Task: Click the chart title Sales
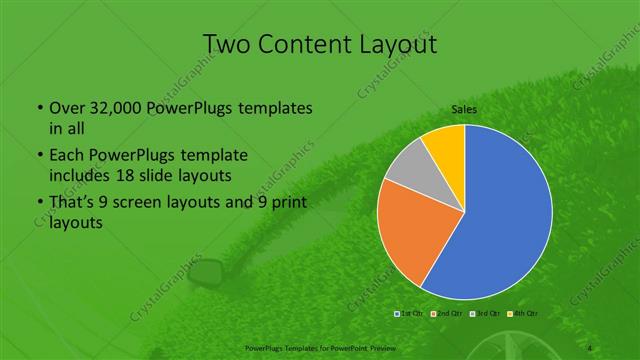(x=464, y=108)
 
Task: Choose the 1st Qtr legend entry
(x=409, y=315)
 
